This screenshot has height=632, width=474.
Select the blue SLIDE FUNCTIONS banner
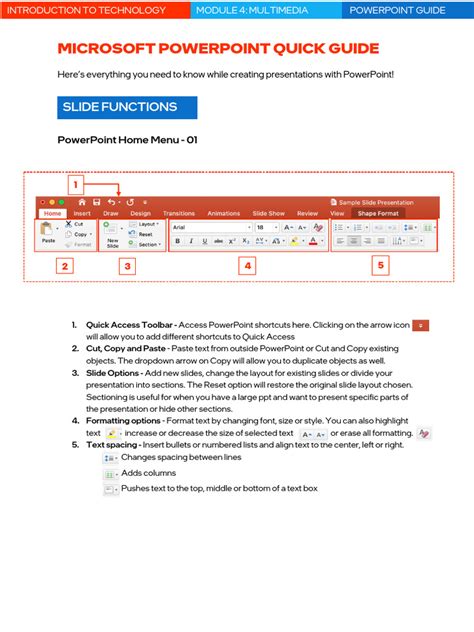[126, 107]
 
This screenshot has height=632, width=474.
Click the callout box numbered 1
[74, 184]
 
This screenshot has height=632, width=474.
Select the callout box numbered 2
[64, 266]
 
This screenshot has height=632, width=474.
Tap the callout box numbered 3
[127, 266]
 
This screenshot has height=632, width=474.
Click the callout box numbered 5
[380, 266]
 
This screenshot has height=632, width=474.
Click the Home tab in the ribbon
[52, 213]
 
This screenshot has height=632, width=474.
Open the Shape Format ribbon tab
[378, 213]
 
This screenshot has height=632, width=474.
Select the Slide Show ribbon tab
[268, 213]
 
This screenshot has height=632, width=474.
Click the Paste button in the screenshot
[48, 234]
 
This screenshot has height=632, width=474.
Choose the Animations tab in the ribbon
[223, 213]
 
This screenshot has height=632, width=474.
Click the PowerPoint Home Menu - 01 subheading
[127, 141]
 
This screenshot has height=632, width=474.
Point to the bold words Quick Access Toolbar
[127, 325]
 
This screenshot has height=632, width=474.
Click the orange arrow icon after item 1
[421, 325]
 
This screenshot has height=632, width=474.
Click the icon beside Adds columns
[110, 473]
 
